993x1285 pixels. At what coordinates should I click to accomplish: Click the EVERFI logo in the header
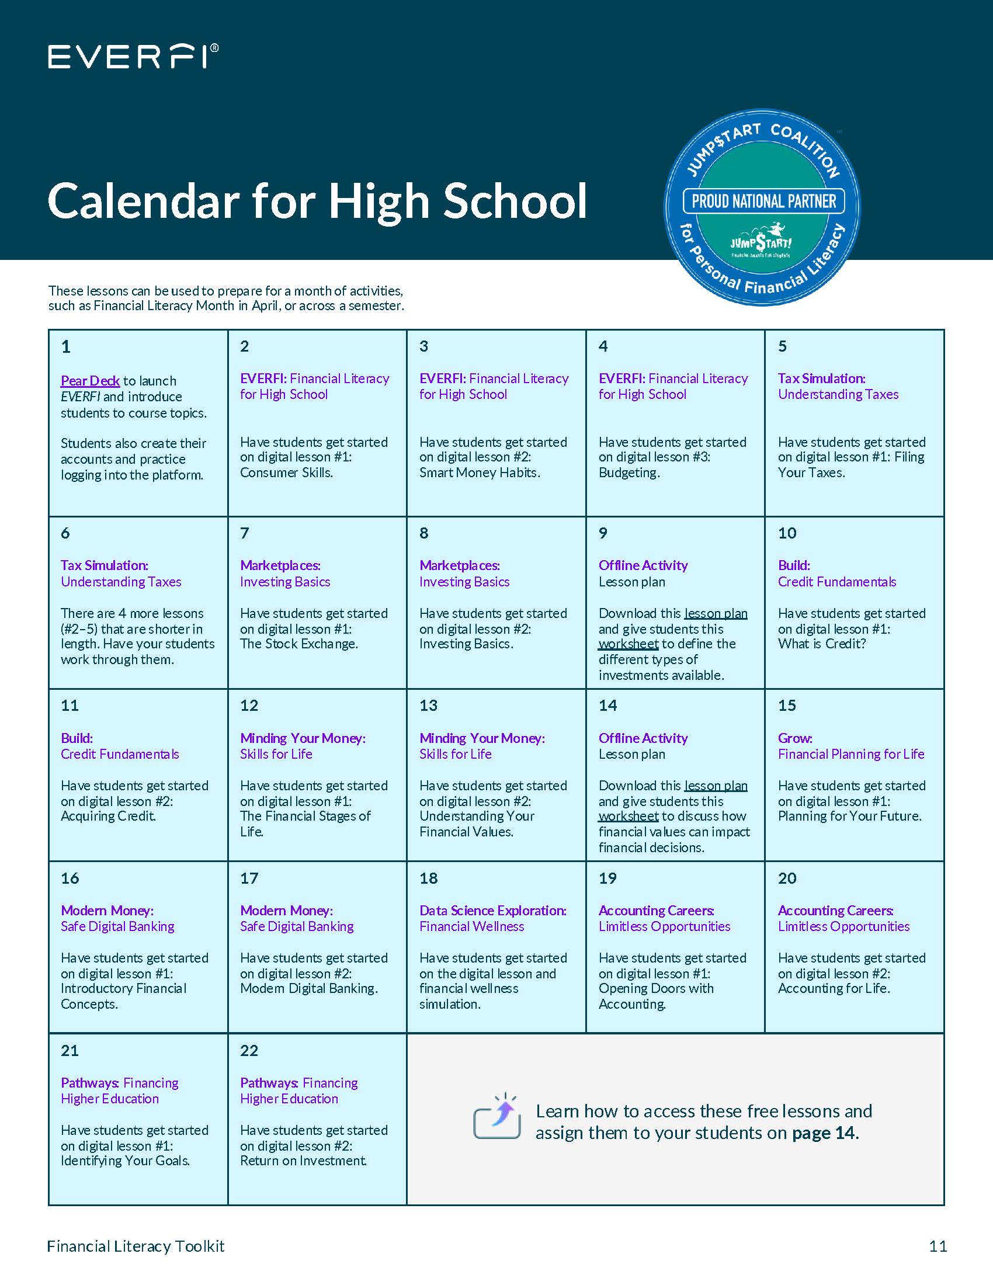133,57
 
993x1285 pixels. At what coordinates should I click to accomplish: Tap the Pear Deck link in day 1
90,381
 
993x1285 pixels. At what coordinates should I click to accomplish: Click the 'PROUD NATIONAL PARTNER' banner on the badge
763,202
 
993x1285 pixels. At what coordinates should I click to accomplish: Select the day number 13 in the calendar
428,706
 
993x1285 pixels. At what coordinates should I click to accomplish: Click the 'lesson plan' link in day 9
716,613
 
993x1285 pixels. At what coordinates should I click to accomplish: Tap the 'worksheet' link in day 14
629,816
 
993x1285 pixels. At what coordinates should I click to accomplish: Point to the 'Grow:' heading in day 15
795,738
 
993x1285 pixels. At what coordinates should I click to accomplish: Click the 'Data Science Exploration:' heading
492,910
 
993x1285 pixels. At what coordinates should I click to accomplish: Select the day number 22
249,1050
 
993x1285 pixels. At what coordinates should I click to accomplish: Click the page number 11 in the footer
938,1246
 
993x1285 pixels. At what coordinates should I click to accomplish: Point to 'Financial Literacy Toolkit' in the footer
136,1246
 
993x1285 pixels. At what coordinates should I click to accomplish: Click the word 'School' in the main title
515,202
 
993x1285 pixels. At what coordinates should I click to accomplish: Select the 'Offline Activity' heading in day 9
643,565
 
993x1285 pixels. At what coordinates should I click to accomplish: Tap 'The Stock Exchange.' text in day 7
299,644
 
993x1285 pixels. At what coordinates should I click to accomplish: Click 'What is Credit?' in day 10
822,644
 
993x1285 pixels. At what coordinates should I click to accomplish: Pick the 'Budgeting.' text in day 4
629,473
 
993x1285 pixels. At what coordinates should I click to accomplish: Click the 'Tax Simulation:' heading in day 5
821,378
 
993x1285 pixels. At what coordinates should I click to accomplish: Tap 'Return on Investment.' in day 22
303,1160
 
